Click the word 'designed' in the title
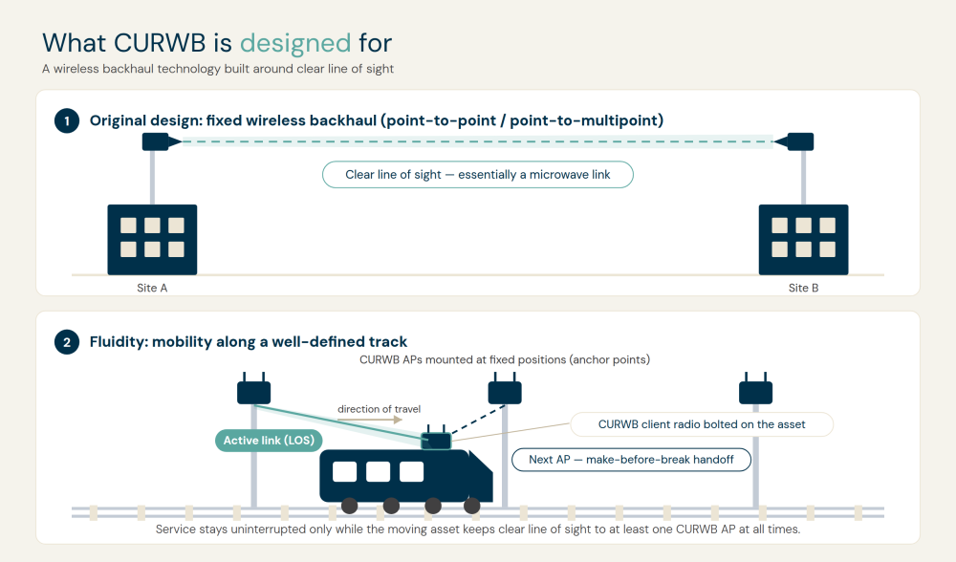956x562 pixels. pos(295,44)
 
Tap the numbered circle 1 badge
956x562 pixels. pos(67,120)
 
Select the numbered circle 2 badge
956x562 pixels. pos(67,342)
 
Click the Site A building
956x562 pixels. pos(152,240)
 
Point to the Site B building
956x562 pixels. pos(804,240)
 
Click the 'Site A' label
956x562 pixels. pos(152,288)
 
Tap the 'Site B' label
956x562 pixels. pos(804,288)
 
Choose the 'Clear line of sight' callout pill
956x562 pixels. pos(478,175)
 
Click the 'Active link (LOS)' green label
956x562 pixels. pos(269,440)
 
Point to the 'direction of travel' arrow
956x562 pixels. pos(369,420)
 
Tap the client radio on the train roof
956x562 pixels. pos(437,439)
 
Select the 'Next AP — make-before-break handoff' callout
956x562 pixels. pos(631,460)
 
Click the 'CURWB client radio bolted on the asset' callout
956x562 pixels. pos(702,424)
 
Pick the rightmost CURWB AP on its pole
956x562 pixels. pos(756,390)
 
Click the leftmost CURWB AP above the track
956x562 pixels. pos(253,390)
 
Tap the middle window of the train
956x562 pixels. pos(378,471)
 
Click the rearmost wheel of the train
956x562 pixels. pos(349,506)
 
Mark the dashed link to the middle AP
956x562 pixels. pos(479,420)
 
